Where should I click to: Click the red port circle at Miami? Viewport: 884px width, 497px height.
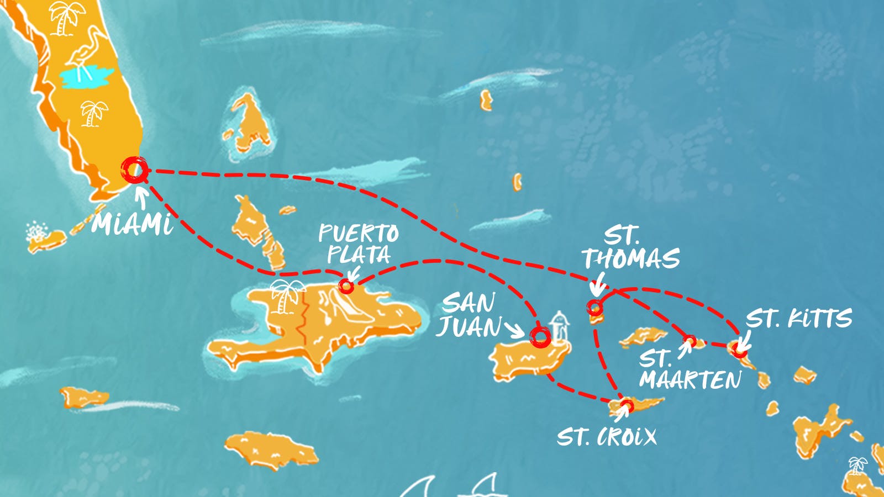click(134, 170)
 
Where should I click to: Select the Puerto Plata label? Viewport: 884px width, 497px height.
click(359, 244)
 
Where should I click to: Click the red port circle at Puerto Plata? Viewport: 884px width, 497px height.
click(346, 286)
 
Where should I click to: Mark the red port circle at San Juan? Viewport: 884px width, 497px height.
click(540, 336)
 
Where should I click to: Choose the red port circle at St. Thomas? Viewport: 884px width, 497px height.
click(594, 308)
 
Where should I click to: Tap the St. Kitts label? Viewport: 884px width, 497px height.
click(798, 319)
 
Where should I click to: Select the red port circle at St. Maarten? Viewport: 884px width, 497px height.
click(690, 341)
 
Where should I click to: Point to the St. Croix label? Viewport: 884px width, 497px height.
click(606, 437)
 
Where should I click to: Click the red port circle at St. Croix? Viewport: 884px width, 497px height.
click(626, 406)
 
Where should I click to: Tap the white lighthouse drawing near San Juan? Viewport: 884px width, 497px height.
click(559, 326)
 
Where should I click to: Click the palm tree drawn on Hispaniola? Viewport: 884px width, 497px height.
click(286, 295)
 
